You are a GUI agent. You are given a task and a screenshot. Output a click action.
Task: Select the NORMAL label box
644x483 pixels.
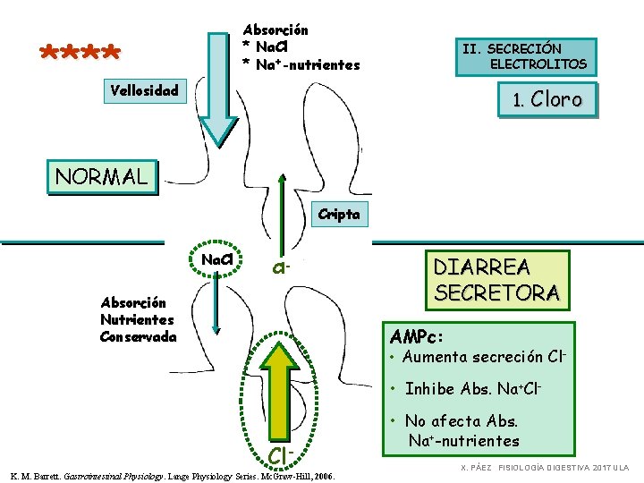pos(101,175)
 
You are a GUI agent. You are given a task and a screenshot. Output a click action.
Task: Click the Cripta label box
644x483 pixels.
pos(337,214)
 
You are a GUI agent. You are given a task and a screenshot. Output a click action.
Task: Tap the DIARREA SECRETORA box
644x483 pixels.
pos(496,279)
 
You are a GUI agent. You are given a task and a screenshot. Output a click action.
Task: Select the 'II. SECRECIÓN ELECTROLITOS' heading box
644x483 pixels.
pos(525,56)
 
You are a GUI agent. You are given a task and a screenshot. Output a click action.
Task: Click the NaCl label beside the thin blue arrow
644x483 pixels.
pos(217,259)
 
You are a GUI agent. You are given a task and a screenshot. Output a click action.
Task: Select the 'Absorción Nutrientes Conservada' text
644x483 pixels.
pos(138,319)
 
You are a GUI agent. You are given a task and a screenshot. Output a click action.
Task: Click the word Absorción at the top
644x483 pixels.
pos(275,30)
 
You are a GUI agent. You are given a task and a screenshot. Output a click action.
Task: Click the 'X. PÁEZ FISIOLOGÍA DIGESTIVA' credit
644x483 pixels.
pos(545,468)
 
